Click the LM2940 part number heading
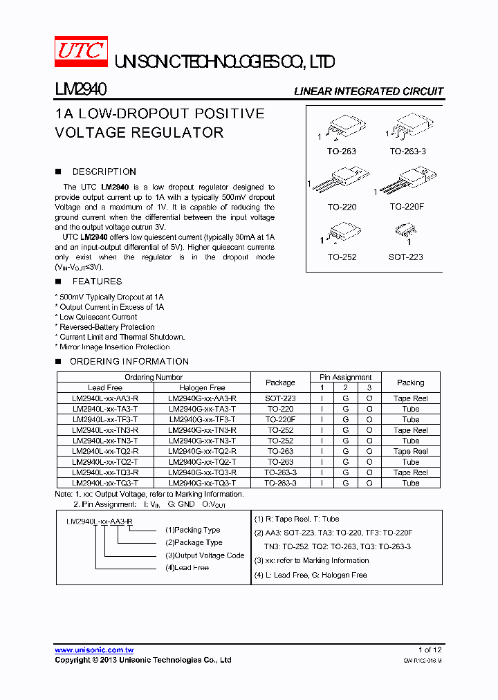pos(80,90)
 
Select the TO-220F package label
pos(407,207)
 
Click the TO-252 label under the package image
pos(342,257)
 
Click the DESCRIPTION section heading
pos(104,172)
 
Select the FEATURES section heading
pos(97,282)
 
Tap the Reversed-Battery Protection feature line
pos(107,327)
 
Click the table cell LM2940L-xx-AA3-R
pos(105,398)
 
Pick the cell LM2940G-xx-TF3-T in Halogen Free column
pos(202,419)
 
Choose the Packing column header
pos(410,383)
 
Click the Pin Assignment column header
pos(345,377)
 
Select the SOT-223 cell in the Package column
pos(280,398)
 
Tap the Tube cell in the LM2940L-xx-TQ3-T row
pos(410,483)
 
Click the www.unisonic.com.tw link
pos(94,650)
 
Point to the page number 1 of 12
pos(430,650)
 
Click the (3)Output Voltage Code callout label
pos(204,555)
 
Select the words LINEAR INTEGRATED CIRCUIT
pos(369,91)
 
